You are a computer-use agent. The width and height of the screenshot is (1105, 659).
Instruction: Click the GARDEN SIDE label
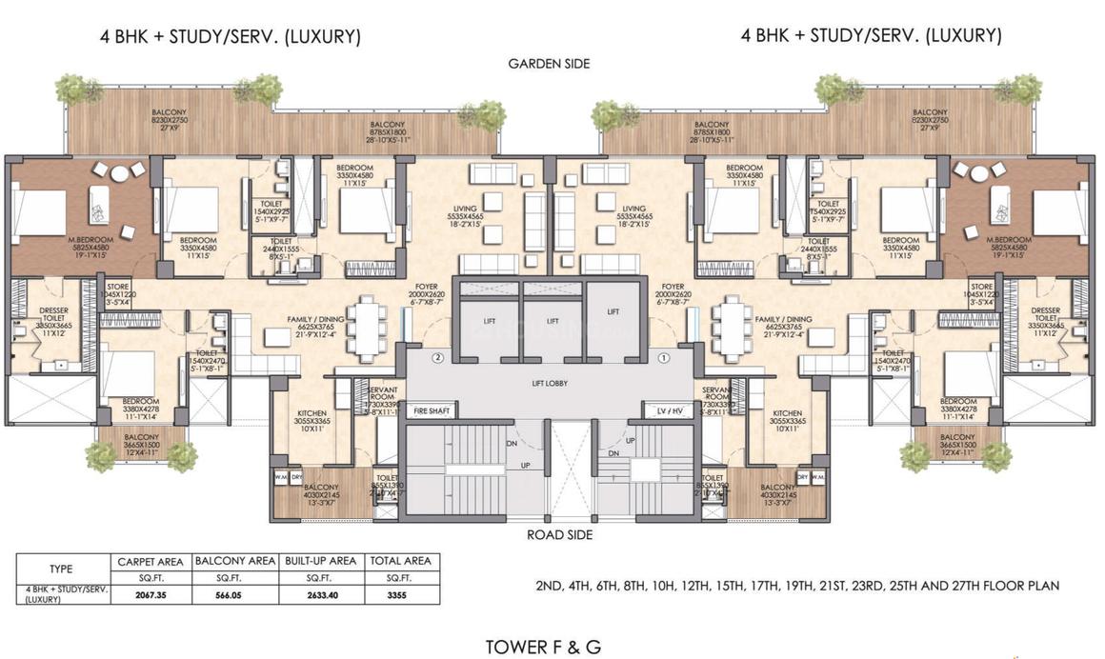coord(549,64)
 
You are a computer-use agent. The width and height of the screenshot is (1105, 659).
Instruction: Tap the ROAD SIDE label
coord(560,535)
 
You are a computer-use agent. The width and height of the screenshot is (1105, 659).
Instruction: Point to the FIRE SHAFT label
coord(431,410)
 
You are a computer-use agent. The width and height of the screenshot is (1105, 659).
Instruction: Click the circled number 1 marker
coord(664,358)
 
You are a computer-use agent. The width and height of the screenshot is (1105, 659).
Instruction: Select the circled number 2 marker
coord(437,358)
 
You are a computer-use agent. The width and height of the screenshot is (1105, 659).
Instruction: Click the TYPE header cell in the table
coord(60,569)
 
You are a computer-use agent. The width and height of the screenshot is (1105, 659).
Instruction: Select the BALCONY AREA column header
coord(235,561)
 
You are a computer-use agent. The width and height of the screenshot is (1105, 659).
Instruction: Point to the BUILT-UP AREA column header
coord(319,561)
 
